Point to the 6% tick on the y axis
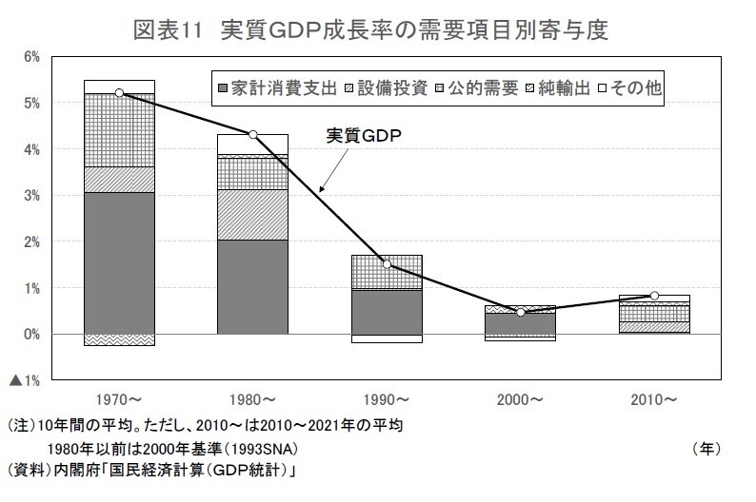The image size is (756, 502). click(30, 57)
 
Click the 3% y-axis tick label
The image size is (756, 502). click(30, 196)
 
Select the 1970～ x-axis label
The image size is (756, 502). click(119, 397)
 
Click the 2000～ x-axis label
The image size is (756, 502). click(520, 397)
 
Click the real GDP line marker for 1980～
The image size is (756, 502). click(252, 134)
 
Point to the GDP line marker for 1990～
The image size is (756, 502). click(387, 263)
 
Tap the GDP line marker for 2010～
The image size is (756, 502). click(655, 296)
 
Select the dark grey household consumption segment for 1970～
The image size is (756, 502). click(119, 262)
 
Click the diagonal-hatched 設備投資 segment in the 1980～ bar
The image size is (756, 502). click(252, 214)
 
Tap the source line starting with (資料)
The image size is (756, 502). click(152, 469)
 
